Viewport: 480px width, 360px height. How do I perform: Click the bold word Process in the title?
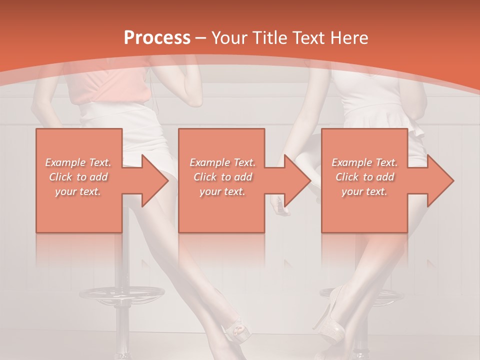pyautogui.click(x=157, y=37)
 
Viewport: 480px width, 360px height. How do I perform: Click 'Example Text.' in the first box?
pyautogui.click(x=78, y=162)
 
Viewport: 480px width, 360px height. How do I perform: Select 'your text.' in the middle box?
pyautogui.click(x=222, y=191)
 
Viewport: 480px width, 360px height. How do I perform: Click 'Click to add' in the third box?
pyautogui.click(x=364, y=177)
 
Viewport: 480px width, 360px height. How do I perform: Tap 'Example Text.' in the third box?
pyautogui.click(x=364, y=162)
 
